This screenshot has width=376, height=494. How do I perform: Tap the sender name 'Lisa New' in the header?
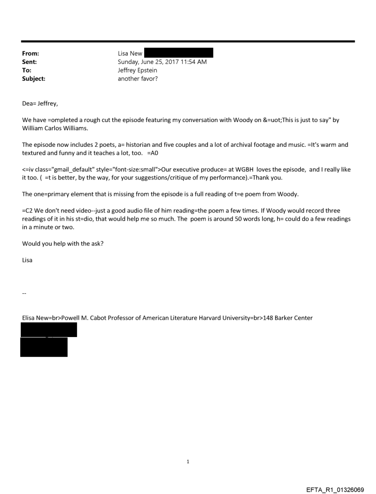pyautogui.click(x=130, y=54)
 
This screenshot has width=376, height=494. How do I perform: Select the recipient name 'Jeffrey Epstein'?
pyautogui.click(x=138, y=70)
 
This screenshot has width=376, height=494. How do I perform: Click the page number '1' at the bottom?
pyautogui.click(x=188, y=461)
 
